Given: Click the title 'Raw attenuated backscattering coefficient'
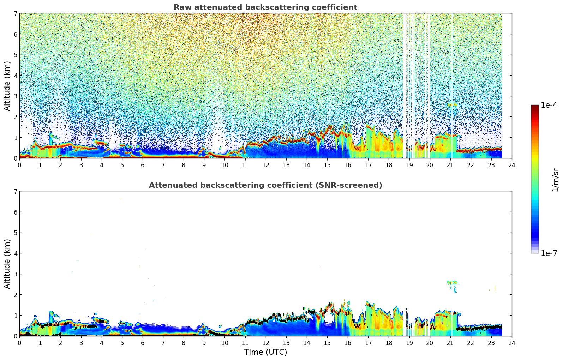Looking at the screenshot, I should (265, 7).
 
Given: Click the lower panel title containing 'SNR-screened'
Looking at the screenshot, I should (265, 185).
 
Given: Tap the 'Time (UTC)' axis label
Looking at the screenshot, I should (265, 352).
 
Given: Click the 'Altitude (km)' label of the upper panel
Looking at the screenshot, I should (7, 86).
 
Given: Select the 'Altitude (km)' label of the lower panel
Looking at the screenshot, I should (7, 264).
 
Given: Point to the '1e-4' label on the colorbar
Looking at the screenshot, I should (549, 105).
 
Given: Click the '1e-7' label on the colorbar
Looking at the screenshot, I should (549, 253).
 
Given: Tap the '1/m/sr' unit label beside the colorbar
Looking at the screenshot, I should (555, 180).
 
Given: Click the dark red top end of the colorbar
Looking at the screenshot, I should (535, 107).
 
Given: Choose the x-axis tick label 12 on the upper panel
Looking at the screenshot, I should (265, 165).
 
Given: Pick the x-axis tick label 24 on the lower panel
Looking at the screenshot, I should (512, 343).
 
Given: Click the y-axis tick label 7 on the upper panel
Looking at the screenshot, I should (16, 14).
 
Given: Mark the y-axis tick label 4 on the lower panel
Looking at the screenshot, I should (16, 253).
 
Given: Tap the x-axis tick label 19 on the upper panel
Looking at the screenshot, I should (409, 165).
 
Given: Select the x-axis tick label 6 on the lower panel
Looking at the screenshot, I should (143, 343).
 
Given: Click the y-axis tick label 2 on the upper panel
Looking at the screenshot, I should (16, 117).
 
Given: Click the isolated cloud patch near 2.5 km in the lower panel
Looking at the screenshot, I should (452, 283).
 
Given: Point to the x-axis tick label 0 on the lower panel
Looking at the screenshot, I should (19, 343).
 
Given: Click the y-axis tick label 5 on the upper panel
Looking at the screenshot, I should (16, 55).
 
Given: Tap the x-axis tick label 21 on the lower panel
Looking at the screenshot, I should (450, 343).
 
